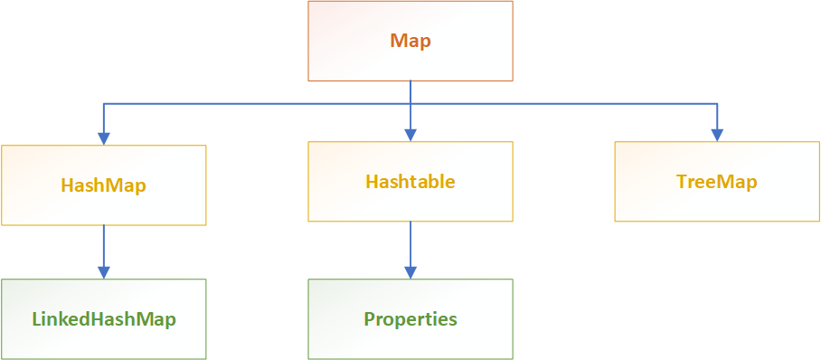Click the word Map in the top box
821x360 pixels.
click(x=410, y=41)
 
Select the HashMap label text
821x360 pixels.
click(x=103, y=185)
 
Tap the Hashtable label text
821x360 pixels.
click(x=410, y=182)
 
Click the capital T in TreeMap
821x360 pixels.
click(x=681, y=182)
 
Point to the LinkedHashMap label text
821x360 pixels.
click(x=103, y=319)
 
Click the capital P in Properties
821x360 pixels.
click(x=370, y=319)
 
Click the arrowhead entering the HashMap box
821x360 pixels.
click(x=104, y=137)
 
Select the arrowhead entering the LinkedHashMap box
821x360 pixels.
click(x=104, y=271)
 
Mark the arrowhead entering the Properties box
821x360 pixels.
click(x=410, y=271)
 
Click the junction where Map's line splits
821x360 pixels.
click(x=410, y=104)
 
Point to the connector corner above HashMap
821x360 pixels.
click(x=104, y=104)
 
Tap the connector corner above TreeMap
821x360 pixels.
click(x=717, y=104)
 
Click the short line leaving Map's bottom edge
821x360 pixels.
click(x=410, y=91)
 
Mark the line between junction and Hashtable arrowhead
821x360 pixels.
click(x=410, y=118)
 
